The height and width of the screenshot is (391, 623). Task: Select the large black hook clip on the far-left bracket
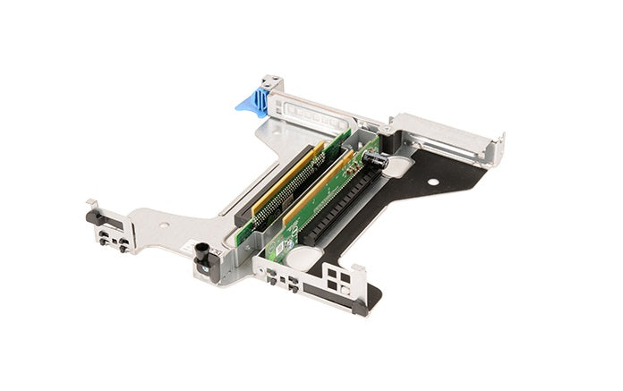pyautogui.click(x=92, y=216)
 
